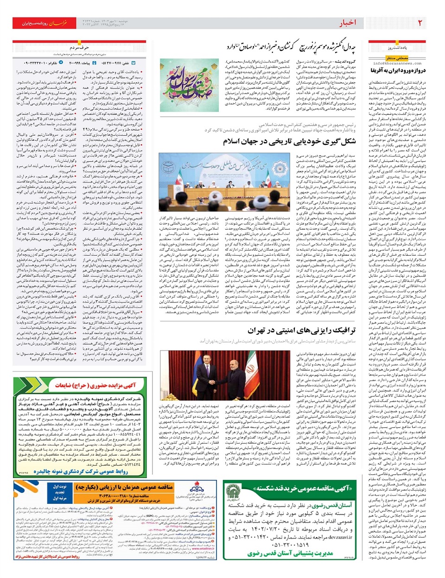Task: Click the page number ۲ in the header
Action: tap(420, 23)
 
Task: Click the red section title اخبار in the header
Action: tap(348, 23)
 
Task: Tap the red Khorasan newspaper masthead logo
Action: tap(58, 23)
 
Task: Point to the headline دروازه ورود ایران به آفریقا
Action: tap(397, 70)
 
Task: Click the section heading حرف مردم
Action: tap(79, 48)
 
